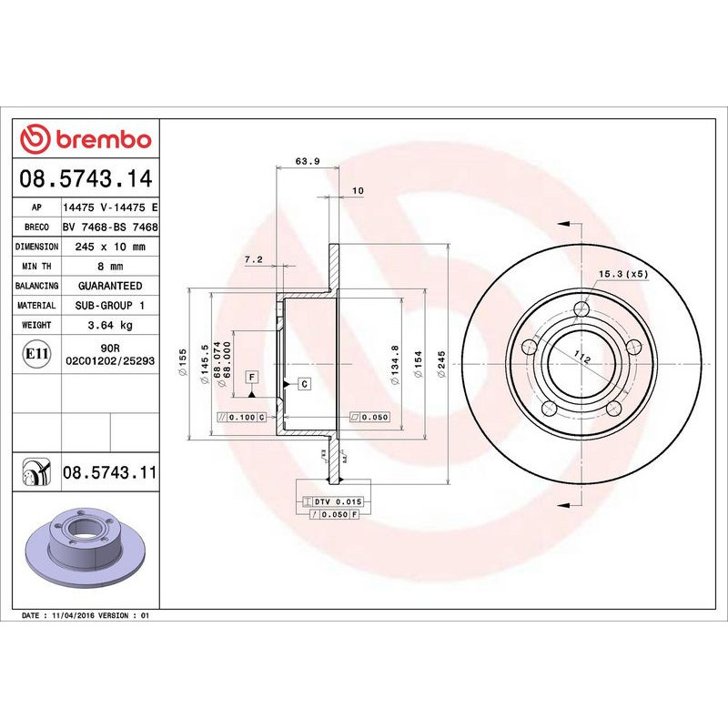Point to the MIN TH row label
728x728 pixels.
(37, 267)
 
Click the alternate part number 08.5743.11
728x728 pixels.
(109, 472)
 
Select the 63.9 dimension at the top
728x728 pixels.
(307, 162)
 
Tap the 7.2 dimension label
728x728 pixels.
(254, 259)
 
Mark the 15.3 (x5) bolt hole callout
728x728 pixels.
(622, 273)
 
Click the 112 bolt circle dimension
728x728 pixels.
(583, 359)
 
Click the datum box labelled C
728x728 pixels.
(305, 384)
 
